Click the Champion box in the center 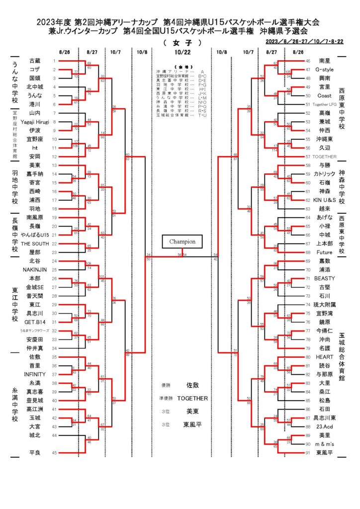tap(181, 242)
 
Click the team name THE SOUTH tap(36, 244)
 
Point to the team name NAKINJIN tap(35, 269)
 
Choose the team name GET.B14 tap(36, 322)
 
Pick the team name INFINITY tap(35, 374)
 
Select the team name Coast tap(324, 95)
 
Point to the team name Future tap(324, 252)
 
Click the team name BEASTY tap(326, 278)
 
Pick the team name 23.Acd tap(325, 426)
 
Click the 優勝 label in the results tap(166, 385)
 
